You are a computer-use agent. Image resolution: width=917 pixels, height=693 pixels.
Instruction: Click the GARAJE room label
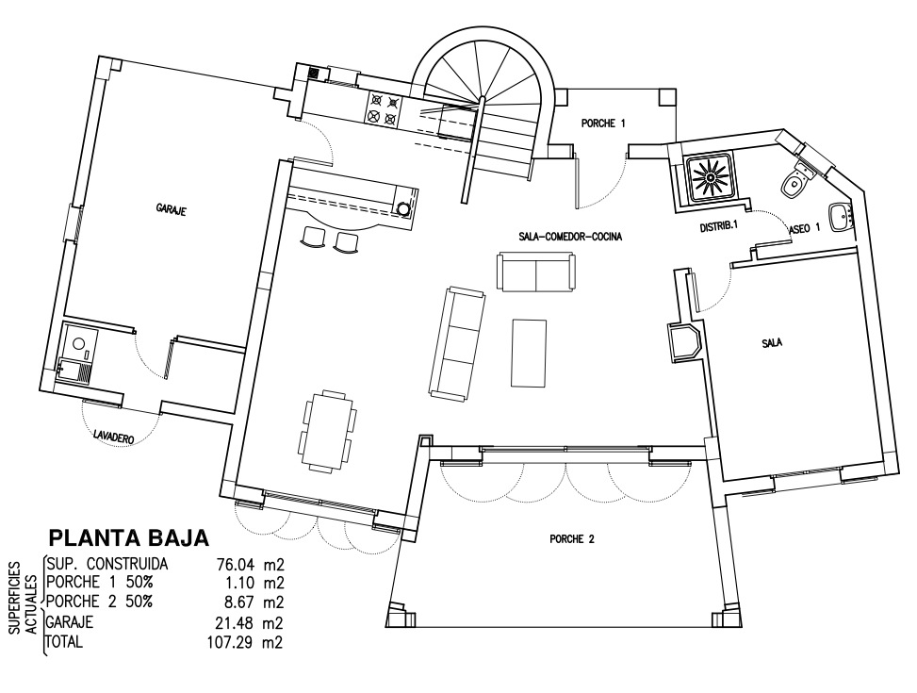(171, 209)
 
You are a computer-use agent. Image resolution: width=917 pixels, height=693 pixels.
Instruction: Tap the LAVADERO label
(114, 436)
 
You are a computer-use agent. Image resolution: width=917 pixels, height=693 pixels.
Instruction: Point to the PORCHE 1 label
(603, 124)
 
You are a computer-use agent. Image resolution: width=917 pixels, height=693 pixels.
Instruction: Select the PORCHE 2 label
(572, 539)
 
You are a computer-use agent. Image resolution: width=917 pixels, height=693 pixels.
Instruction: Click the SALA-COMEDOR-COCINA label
(570, 237)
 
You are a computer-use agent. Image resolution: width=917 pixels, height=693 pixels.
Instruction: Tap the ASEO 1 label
(804, 228)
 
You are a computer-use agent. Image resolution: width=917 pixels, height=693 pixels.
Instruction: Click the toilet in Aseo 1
(796, 180)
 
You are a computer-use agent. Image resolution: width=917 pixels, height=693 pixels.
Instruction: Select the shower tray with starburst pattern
(709, 175)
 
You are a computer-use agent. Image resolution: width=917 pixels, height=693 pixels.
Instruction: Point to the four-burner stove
(384, 109)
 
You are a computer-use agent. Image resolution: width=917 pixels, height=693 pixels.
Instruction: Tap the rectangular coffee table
(530, 353)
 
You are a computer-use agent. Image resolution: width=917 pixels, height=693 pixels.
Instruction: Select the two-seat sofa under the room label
(536, 271)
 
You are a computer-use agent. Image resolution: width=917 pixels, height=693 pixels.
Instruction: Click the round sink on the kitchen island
(403, 207)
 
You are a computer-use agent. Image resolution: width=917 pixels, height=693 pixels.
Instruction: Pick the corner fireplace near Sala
(682, 341)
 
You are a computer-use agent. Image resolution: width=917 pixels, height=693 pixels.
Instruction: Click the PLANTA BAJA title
(129, 537)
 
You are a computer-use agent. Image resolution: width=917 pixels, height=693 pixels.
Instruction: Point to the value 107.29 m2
(245, 643)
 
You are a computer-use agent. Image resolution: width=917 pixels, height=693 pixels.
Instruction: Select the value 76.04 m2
(251, 565)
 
